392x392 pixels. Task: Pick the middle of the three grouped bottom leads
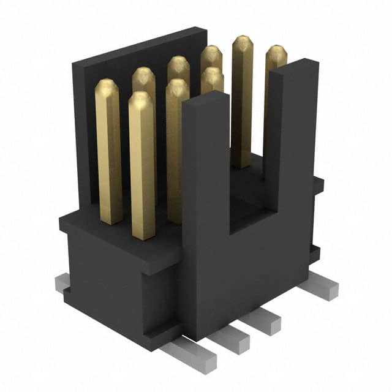(x=233, y=337)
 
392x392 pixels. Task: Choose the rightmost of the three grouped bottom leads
(x=265, y=320)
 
